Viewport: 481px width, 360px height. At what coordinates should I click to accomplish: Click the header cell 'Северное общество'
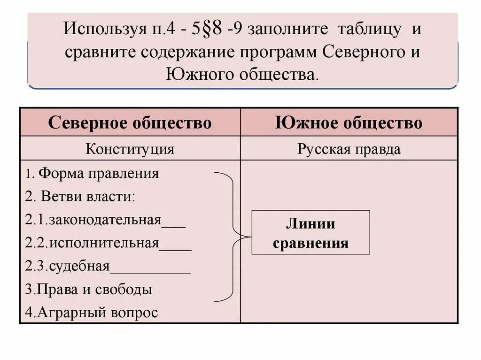(130, 123)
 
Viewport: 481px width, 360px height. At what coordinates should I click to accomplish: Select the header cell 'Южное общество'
(349, 123)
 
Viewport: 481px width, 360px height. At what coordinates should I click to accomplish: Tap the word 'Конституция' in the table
(130, 149)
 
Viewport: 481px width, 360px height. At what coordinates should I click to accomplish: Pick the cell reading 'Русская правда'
(349, 149)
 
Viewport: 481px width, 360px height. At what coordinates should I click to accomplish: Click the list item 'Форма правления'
(99, 174)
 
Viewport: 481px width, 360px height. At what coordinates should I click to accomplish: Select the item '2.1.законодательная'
(94, 220)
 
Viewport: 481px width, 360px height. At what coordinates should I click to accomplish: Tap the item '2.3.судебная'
(68, 266)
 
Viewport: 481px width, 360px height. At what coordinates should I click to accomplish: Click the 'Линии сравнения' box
(310, 233)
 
